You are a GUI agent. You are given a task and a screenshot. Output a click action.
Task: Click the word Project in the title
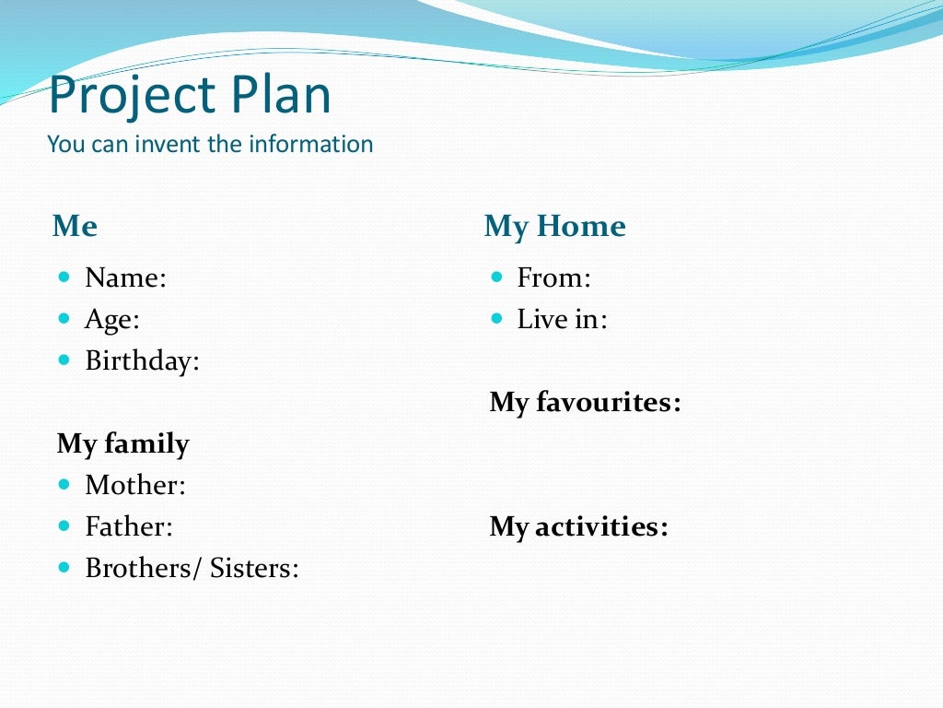click(x=130, y=96)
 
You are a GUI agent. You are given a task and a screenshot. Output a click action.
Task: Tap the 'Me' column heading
click(x=75, y=226)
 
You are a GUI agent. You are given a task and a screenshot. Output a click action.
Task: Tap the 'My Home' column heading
click(x=554, y=226)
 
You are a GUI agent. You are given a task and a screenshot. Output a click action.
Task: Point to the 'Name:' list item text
click(x=125, y=277)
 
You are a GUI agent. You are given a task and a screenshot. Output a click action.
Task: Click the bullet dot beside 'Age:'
click(x=64, y=318)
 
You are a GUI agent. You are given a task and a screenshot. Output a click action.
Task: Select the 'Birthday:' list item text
click(x=142, y=360)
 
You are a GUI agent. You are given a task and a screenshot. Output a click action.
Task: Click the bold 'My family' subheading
click(x=122, y=444)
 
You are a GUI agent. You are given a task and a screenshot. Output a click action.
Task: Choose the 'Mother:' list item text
click(x=134, y=485)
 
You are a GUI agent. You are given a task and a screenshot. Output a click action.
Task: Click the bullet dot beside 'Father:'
click(x=64, y=525)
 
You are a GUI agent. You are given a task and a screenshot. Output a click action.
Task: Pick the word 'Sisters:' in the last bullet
click(x=254, y=568)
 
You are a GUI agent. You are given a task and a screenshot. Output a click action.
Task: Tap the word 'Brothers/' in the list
click(x=143, y=568)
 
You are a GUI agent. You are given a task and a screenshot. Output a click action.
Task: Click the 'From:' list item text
click(x=553, y=277)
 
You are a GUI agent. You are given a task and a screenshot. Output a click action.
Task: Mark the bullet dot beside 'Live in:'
click(x=497, y=318)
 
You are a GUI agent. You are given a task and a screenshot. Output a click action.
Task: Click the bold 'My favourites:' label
click(x=585, y=403)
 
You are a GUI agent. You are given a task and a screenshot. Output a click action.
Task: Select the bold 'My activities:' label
click(x=578, y=527)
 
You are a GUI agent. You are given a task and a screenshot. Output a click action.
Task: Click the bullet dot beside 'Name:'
click(x=64, y=276)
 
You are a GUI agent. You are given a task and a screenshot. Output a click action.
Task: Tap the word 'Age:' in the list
click(x=111, y=320)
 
